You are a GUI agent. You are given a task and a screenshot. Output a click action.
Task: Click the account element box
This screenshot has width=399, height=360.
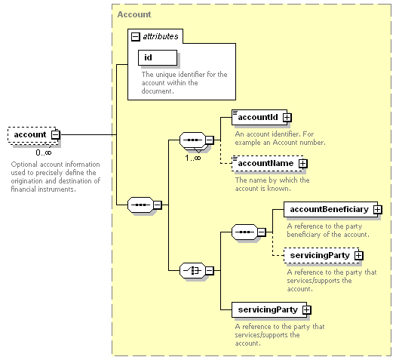pyautogui.click(x=33, y=135)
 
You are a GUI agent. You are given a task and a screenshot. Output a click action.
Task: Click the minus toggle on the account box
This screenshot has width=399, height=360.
pyautogui.click(x=56, y=134)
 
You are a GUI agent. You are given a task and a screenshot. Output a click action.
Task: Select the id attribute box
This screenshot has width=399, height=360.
pyautogui.click(x=158, y=57)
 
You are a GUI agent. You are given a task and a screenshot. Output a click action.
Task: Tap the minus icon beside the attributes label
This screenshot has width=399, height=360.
pyautogui.click(x=135, y=37)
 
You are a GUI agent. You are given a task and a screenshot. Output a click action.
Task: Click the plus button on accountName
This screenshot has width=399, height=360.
pyautogui.click(x=302, y=164)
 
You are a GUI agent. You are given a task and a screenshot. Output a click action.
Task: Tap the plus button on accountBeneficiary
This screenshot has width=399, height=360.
pyautogui.click(x=378, y=210)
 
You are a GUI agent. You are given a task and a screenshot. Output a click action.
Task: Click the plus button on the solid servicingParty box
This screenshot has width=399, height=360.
pyautogui.click(x=307, y=310)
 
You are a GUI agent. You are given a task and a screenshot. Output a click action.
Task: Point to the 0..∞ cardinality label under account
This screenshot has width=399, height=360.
pyautogui.click(x=44, y=152)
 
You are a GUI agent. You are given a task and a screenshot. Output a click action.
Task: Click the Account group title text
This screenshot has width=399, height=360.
pyautogui.click(x=134, y=14)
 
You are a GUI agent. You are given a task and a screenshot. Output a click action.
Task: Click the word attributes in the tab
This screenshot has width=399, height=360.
pyautogui.click(x=161, y=37)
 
